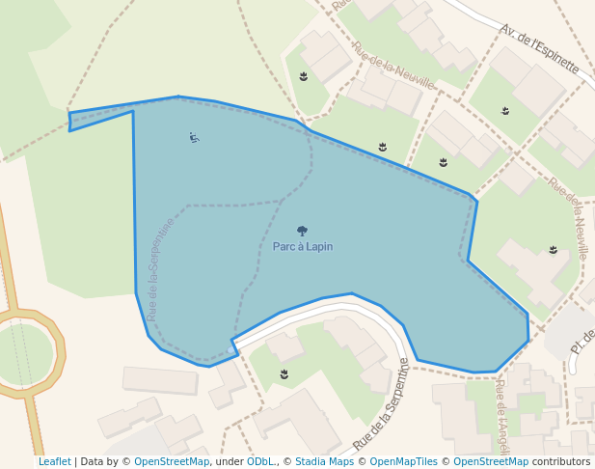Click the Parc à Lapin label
[302, 246]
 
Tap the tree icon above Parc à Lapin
[302, 232]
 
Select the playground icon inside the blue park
[194, 137]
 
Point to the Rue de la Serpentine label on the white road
[382, 404]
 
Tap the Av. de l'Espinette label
[539, 49]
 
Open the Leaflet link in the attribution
[55, 461]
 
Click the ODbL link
[260, 461]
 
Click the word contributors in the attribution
[561, 461]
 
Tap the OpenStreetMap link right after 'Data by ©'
[172, 461]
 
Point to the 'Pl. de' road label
[582, 341]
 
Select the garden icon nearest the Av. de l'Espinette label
[505, 111]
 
